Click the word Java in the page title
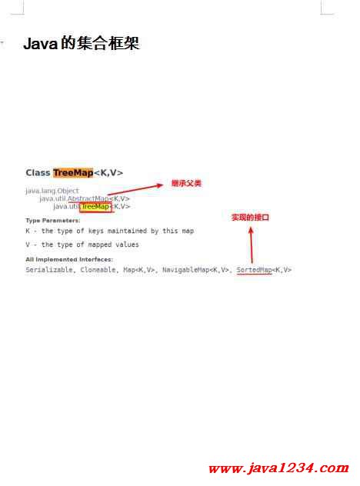(x=41, y=43)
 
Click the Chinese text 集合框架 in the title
(x=108, y=43)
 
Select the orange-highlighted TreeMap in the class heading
(x=73, y=173)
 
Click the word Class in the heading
(x=38, y=173)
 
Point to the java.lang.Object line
(x=52, y=191)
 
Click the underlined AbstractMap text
(x=88, y=198)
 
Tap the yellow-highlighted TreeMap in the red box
(x=95, y=206)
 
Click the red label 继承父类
(x=186, y=183)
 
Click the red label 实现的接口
(x=250, y=218)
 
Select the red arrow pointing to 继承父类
(x=135, y=190)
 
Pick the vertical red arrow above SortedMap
(x=252, y=245)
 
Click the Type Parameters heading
(x=53, y=221)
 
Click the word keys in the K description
(x=96, y=231)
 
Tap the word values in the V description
(x=127, y=245)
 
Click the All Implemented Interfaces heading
(x=69, y=259)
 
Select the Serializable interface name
(x=49, y=270)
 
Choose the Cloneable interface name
(x=98, y=270)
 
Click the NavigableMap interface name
(x=186, y=270)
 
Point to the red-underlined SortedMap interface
(x=255, y=270)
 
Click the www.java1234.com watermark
(x=278, y=468)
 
